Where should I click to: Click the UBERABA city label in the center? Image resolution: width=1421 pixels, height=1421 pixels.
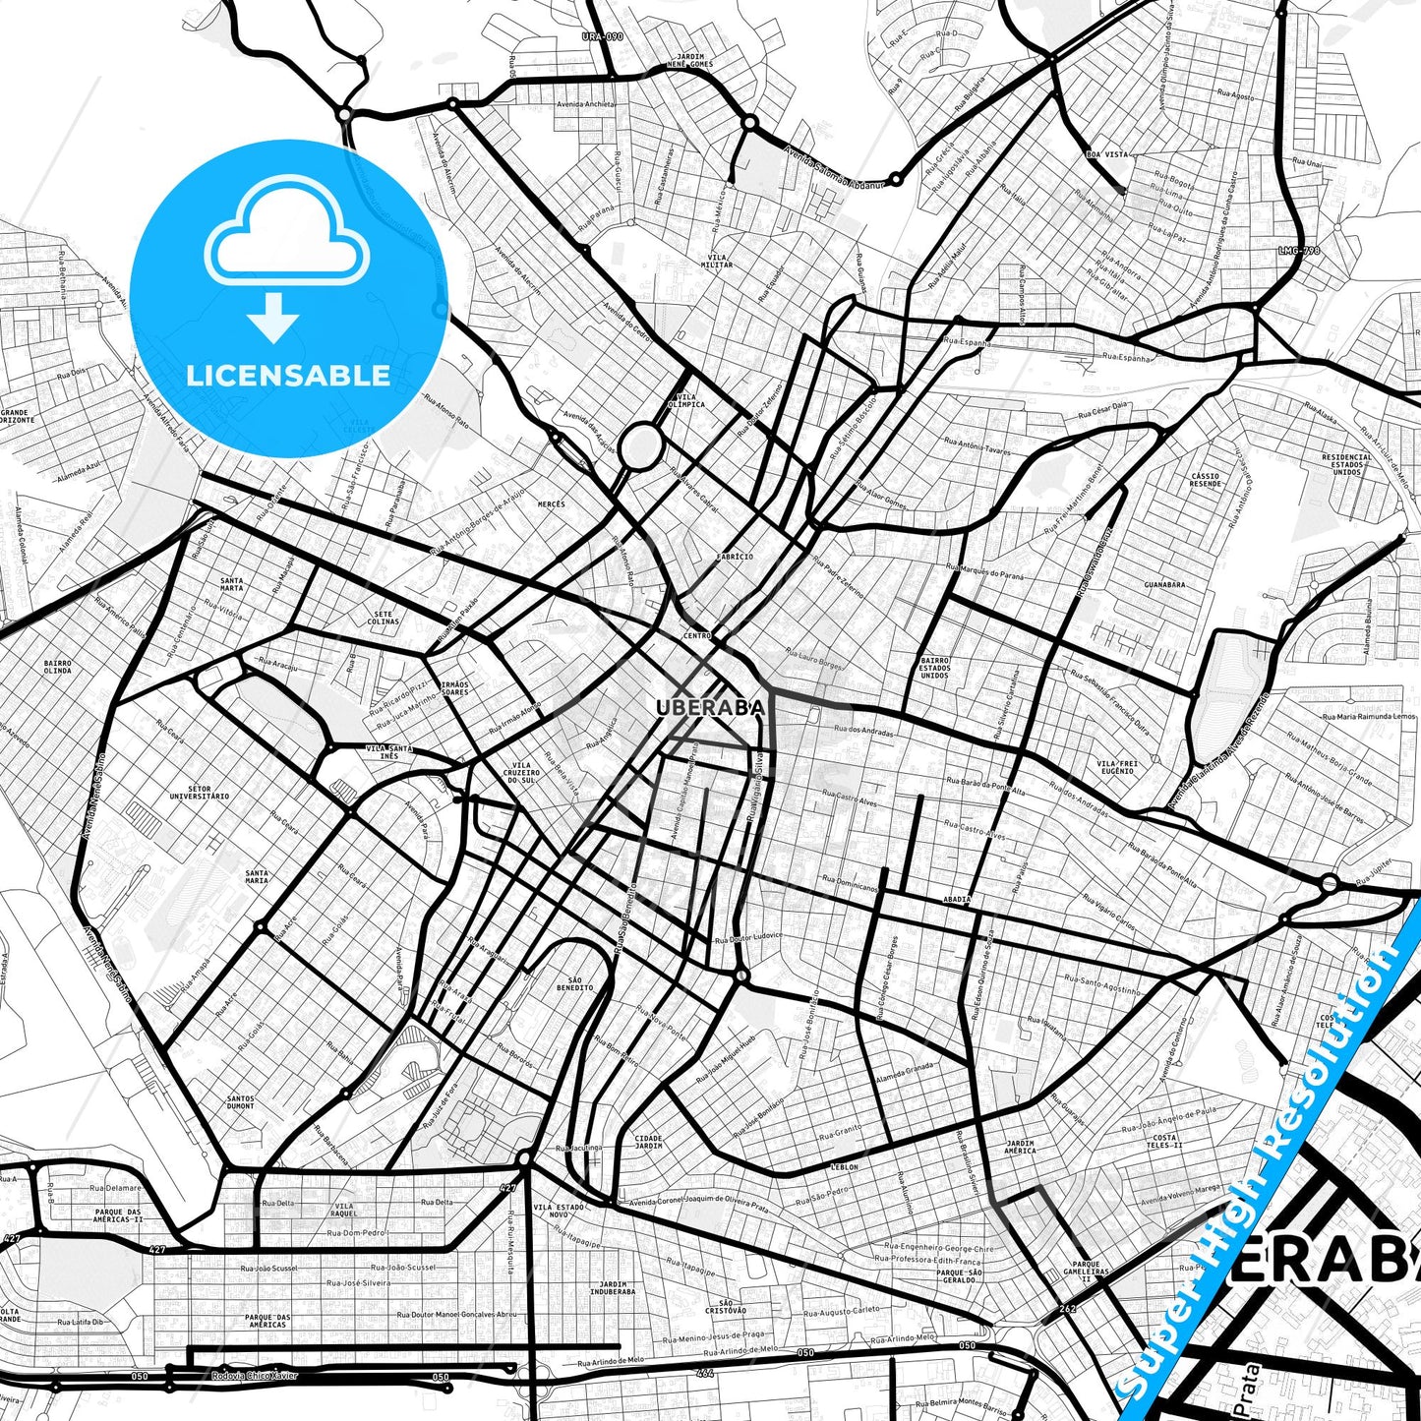coord(710,708)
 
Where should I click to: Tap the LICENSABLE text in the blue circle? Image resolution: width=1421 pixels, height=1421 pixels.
coord(288,376)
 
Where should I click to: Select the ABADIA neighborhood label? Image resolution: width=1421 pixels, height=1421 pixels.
coord(957,899)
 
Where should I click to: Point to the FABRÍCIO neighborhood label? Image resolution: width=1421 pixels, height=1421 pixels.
coord(736,557)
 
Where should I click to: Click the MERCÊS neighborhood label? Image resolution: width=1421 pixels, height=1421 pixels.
coord(552,504)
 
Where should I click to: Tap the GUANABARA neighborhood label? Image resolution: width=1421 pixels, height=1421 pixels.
coord(1164,585)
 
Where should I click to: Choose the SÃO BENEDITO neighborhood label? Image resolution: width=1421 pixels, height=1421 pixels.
coord(575,983)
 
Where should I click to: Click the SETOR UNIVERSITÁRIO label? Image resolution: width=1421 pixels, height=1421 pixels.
coord(200,793)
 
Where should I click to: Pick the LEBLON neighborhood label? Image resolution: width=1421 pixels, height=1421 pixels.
coord(845,1167)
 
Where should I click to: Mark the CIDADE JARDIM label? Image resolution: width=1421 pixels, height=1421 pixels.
coord(649,1142)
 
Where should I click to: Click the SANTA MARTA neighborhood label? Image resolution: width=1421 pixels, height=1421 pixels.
coord(232,584)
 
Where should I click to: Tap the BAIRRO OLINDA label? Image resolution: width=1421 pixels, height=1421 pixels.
coord(58,667)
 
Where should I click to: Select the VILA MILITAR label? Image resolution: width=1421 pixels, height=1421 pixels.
coord(717,261)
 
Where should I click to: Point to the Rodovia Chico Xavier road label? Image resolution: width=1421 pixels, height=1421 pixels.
coord(254,1376)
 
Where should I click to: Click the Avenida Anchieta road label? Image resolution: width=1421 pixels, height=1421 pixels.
coord(585,104)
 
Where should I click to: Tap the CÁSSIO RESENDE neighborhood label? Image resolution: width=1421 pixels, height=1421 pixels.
coord(1205,480)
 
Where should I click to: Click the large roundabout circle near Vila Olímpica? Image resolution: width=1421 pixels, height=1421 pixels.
coord(641,445)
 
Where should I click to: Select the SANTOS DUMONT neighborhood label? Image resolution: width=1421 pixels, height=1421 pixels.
coord(241,1102)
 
